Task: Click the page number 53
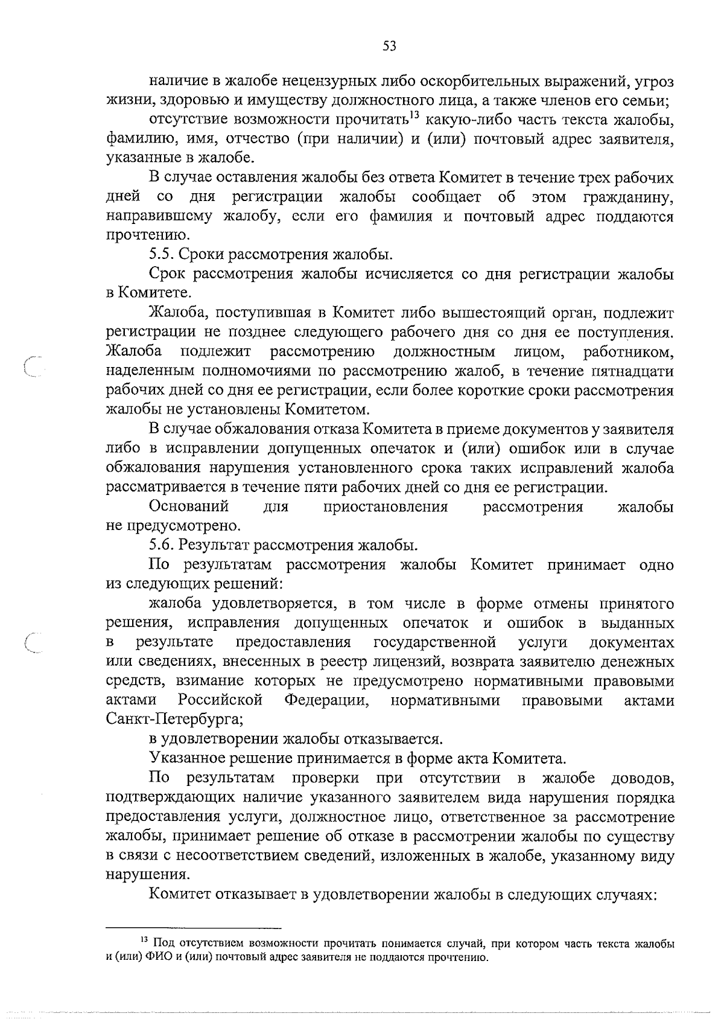(390, 46)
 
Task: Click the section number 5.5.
(162, 254)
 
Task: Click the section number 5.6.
(162, 546)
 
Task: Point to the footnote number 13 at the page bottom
(144, 940)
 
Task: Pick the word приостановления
(386, 506)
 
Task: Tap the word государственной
(435, 642)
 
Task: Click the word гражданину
(628, 197)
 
